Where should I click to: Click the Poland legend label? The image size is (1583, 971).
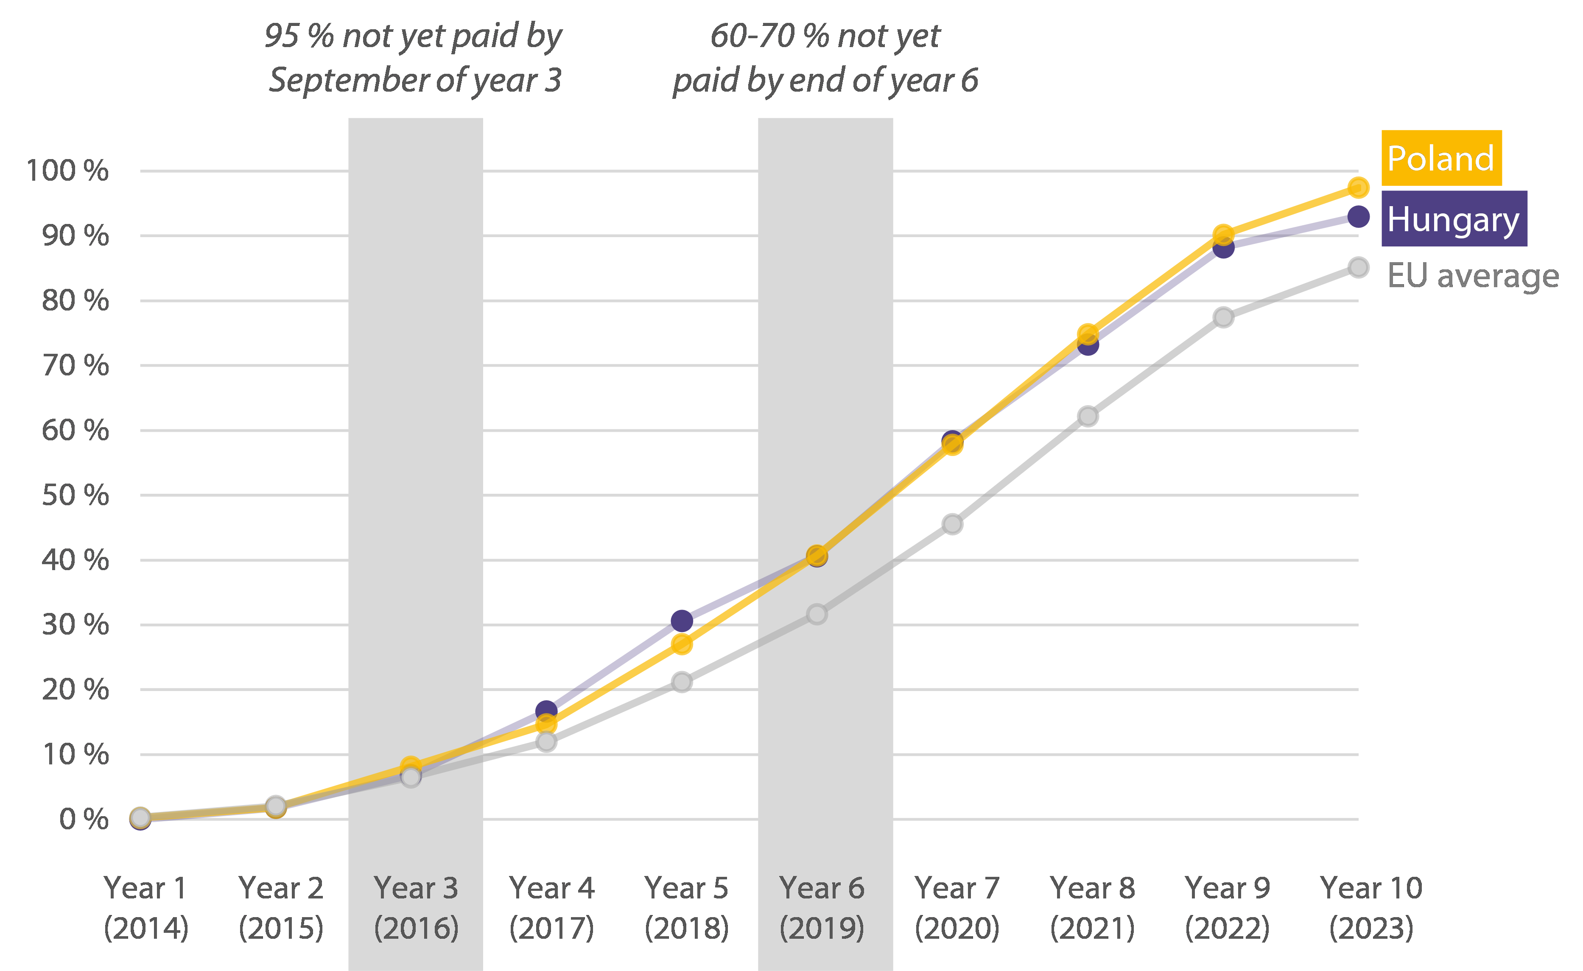(1441, 158)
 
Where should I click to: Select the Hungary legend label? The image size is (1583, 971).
(1453, 219)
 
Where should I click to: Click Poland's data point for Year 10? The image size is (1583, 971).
(1358, 187)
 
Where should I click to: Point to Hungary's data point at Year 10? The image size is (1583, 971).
(1358, 217)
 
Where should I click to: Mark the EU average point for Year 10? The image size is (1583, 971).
(1358, 267)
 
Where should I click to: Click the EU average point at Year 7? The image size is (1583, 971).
(952, 524)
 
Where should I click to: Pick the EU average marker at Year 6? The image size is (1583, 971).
(817, 614)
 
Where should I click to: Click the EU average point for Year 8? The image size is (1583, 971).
(1088, 417)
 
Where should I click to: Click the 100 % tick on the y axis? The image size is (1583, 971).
(67, 171)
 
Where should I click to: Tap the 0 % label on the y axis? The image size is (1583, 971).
(84, 819)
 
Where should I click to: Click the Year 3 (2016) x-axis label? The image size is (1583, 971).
(416, 908)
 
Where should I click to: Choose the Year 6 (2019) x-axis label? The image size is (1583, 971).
(822, 908)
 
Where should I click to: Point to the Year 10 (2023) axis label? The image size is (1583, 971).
(1371, 908)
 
